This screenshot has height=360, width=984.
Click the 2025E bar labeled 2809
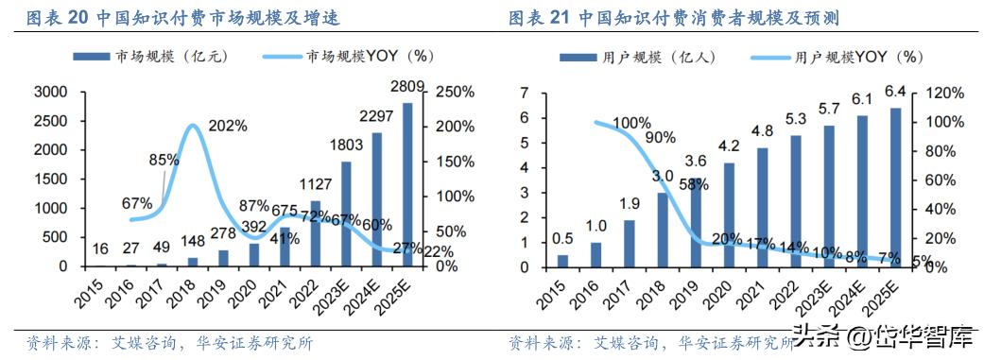(x=407, y=184)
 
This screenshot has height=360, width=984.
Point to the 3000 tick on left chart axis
(x=49, y=92)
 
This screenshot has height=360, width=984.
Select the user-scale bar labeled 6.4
(x=895, y=186)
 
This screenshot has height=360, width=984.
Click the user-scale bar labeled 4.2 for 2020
(x=728, y=214)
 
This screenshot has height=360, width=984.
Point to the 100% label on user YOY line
(x=630, y=123)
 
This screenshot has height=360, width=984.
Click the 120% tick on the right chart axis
(x=943, y=93)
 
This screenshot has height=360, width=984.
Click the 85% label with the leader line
(x=164, y=160)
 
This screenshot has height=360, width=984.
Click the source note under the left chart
(x=169, y=343)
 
